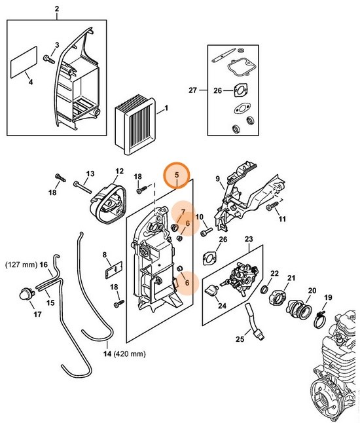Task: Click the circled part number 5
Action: [176, 175]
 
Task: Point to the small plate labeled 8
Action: [112, 267]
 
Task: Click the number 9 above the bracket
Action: [218, 177]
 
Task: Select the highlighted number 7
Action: [183, 211]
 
